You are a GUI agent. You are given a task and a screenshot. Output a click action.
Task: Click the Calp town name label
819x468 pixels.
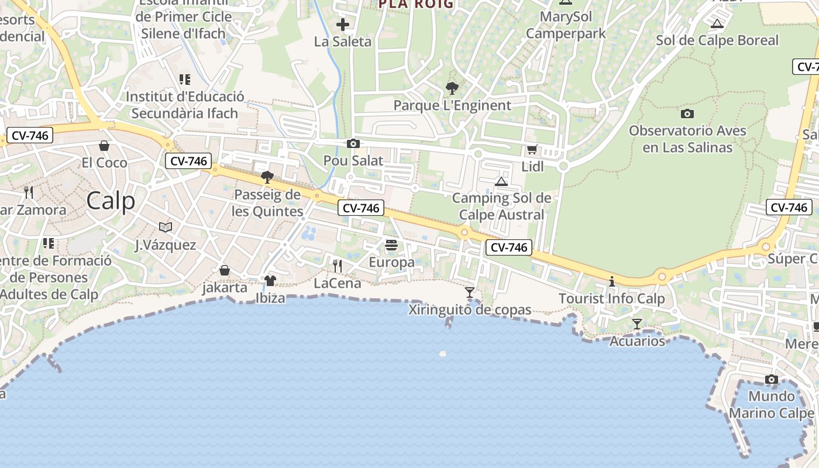tap(111, 201)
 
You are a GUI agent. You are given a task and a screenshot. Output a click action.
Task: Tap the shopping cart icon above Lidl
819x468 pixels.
tap(532, 150)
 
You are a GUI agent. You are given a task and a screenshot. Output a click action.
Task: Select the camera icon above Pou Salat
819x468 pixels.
tap(353, 143)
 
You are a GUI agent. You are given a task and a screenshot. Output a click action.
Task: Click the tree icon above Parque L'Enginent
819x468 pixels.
tap(452, 88)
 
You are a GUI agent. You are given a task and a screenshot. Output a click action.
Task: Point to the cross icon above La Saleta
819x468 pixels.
tap(343, 25)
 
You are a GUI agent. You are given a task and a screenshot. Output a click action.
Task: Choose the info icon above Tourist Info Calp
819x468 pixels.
tap(612, 281)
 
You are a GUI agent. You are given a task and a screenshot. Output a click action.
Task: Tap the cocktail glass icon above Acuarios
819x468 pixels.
tap(637, 324)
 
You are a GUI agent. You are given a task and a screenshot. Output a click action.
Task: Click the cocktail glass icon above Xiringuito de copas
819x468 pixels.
tap(469, 292)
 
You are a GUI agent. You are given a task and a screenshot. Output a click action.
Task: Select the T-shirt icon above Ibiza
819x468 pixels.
tap(270, 281)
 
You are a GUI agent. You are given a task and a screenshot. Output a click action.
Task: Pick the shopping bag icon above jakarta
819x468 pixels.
tap(224, 270)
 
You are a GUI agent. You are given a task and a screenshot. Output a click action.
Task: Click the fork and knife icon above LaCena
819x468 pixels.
tap(337, 266)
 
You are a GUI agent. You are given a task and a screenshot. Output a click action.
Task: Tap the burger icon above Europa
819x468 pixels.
tap(391, 245)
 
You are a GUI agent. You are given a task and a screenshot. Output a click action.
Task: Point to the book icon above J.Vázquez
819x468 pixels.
tap(166, 227)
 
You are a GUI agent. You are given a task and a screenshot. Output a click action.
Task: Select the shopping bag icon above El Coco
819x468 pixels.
tap(104, 145)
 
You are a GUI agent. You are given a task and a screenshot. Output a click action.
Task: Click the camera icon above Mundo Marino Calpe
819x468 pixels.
tap(772, 379)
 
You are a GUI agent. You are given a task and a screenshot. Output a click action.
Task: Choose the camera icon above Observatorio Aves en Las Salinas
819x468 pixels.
tap(687, 113)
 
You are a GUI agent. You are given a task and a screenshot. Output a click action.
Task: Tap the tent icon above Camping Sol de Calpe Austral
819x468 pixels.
tap(501, 181)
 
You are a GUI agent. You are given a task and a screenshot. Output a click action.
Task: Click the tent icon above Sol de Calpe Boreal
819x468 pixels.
tap(717, 24)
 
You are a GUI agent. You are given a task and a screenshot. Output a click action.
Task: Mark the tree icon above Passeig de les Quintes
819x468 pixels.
tap(267, 177)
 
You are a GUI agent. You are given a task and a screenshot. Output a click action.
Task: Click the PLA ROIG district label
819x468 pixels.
tap(415, 4)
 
